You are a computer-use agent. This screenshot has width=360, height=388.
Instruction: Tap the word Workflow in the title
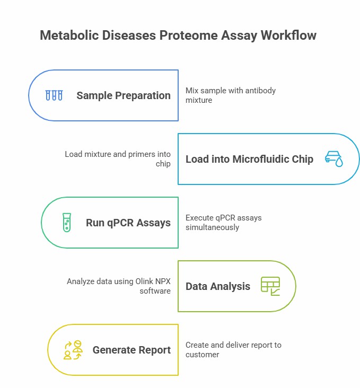(x=289, y=35)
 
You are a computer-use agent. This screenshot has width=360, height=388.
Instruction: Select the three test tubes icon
(x=54, y=95)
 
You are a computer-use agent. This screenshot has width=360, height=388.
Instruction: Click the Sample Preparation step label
(x=124, y=95)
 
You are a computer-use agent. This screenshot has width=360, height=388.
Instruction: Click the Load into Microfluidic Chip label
(x=249, y=159)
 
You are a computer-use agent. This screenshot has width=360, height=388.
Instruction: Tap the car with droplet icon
(x=333, y=159)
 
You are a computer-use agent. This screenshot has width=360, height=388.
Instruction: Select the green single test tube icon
(x=67, y=223)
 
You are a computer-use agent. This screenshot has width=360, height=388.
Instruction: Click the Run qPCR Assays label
(x=128, y=223)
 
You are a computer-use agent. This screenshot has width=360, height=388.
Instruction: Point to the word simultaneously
(x=212, y=227)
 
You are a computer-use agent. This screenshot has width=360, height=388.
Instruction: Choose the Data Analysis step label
(x=218, y=286)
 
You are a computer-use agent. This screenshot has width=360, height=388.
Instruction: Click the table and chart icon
(x=270, y=286)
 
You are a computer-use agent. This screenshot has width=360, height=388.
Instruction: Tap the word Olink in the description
(x=144, y=281)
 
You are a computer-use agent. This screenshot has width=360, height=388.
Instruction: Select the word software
(x=155, y=291)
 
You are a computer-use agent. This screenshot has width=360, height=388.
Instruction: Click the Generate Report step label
(x=131, y=350)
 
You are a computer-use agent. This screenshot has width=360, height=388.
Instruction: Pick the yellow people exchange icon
(x=73, y=350)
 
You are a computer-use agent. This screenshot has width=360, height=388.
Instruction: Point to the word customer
(x=203, y=355)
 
